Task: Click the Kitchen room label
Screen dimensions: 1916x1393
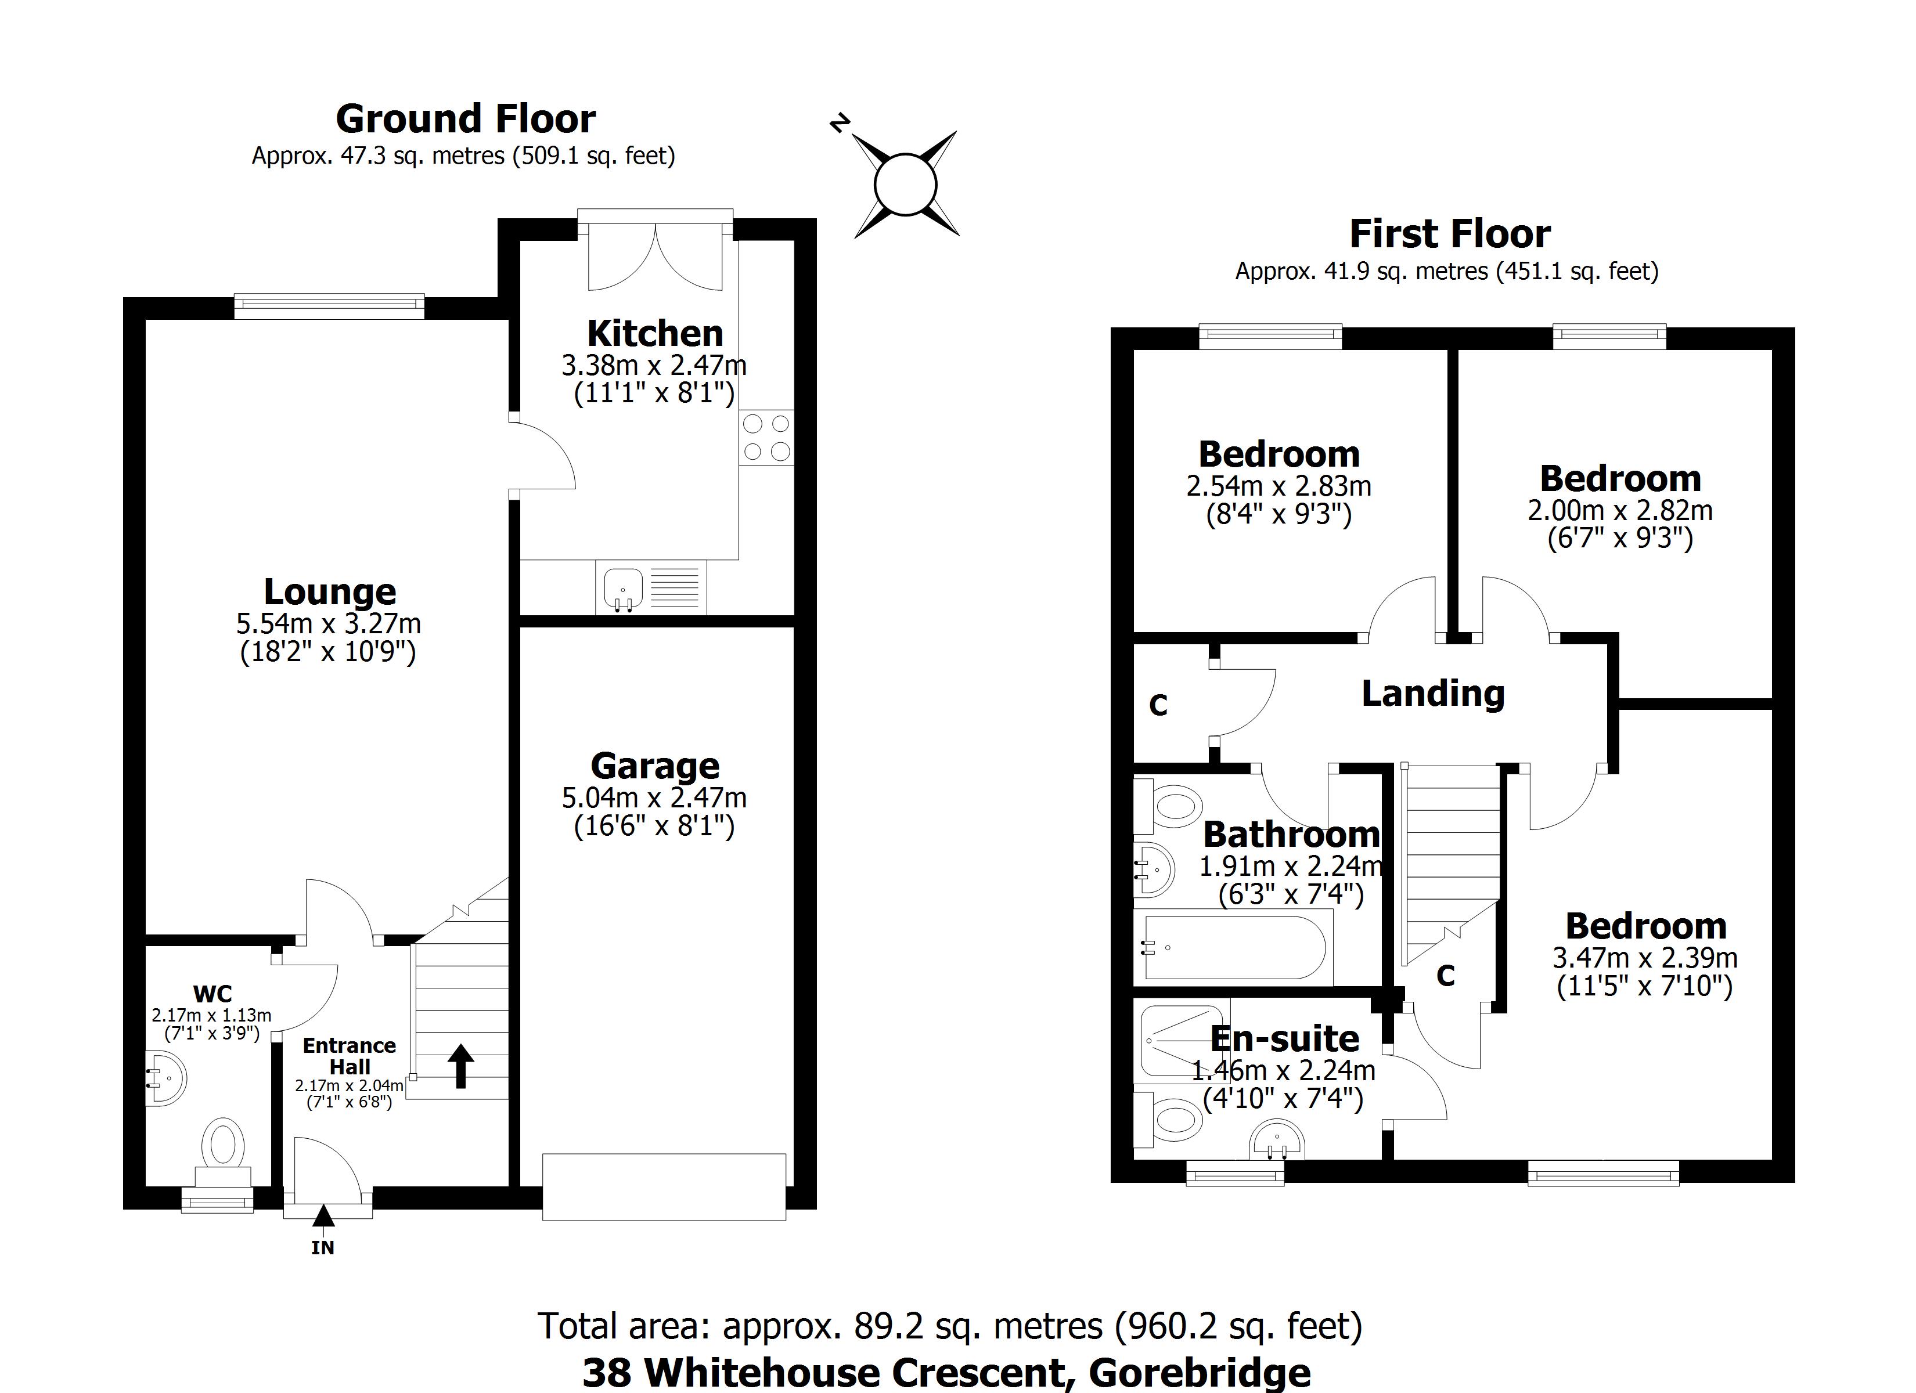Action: point(655,334)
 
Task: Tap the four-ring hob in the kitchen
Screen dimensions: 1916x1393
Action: point(766,438)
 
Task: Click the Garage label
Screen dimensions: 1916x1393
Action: point(655,766)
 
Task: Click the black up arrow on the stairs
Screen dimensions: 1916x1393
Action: point(460,1066)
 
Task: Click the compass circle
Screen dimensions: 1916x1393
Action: point(906,184)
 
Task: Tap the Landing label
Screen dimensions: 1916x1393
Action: point(1433,694)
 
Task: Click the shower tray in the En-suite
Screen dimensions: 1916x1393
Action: point(1181,1042)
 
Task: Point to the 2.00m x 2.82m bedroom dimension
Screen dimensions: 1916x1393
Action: point(1619,510)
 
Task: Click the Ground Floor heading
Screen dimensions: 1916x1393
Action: point(466,119)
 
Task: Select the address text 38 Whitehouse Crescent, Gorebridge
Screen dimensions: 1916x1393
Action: point(946,1373)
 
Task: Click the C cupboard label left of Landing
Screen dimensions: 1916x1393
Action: point(1158,705)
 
